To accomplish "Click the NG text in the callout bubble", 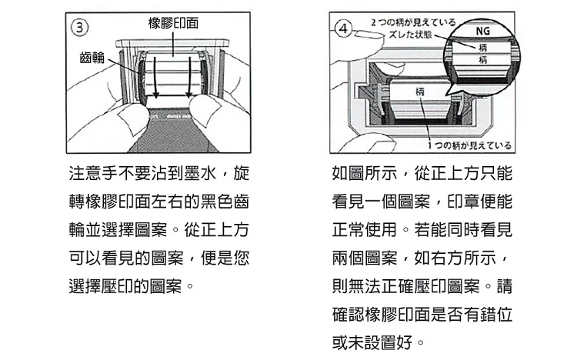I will tap(483, 32).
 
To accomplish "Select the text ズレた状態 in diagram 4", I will tap(412, 34).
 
